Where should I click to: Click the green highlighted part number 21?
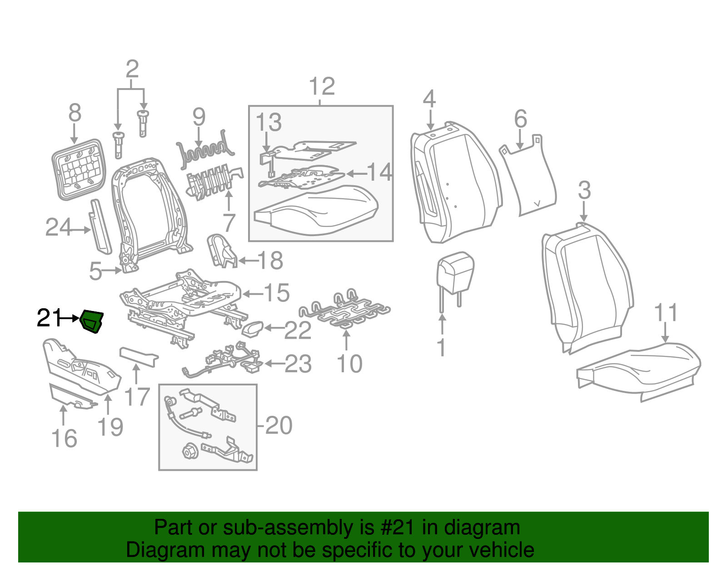coord(92,321)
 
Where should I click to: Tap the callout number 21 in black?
coord(48,318)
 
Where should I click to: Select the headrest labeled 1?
coord(455,272)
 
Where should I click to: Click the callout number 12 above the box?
coord(322,87)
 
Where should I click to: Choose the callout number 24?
coord(59,227)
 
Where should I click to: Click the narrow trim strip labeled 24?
coord(100,226)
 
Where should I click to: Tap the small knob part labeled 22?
coord(253,329)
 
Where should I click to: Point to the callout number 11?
coord(666,313)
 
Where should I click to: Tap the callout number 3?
coord(584,190)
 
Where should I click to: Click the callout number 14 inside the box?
coord(379,173)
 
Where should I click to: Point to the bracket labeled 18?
coord(222,251)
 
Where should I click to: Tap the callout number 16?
coord(64,438)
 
